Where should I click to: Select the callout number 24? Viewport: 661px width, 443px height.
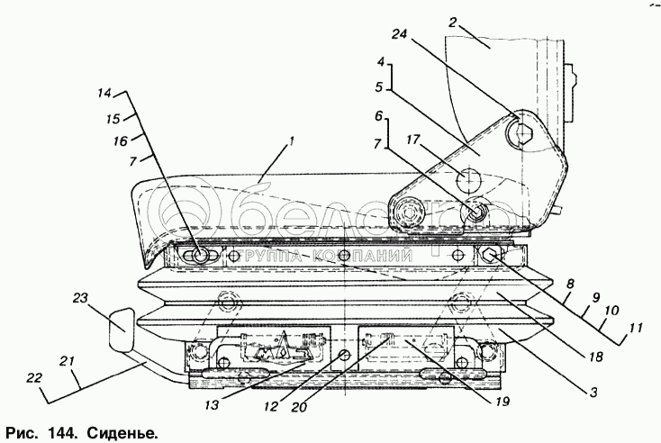399,35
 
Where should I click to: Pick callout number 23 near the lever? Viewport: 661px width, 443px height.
79,298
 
